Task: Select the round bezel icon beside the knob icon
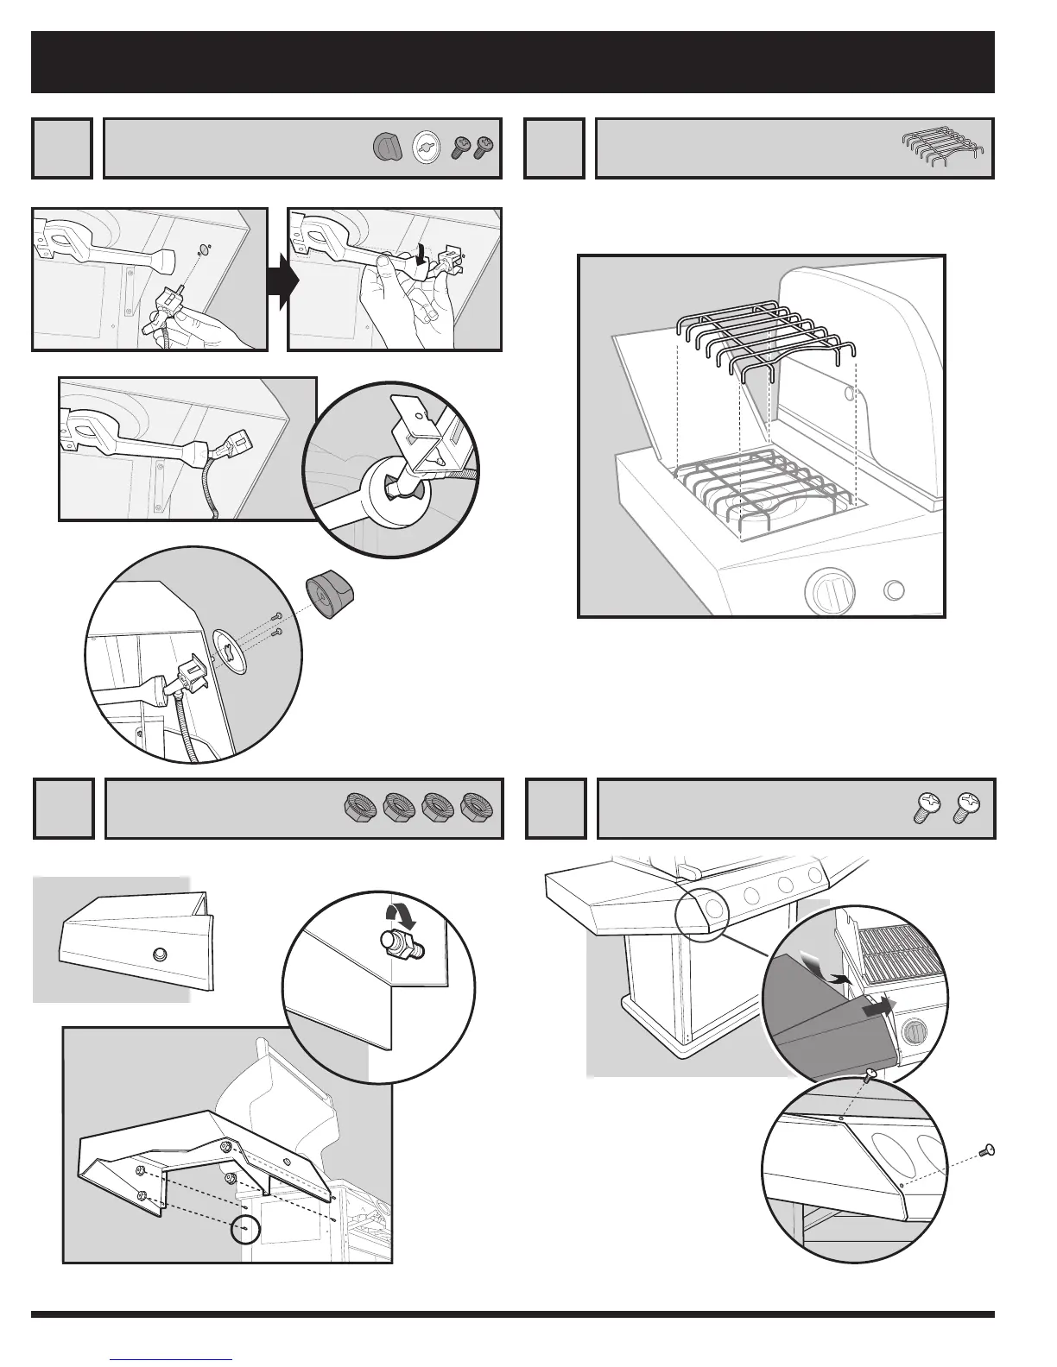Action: pos(424,147)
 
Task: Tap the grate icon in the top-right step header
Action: pos(946,142)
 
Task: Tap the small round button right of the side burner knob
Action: pos(896,590)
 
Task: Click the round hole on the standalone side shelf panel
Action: pos(158,954)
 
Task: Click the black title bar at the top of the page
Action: pos(513,62)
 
